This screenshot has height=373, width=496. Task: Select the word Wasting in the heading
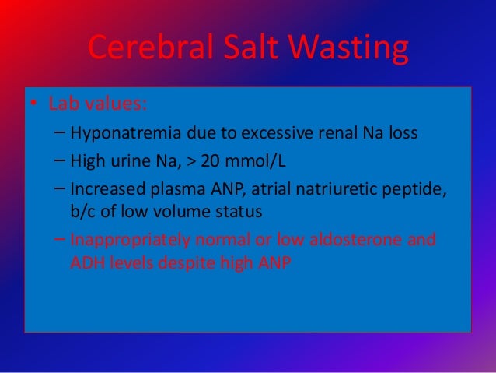[x=351, y=51]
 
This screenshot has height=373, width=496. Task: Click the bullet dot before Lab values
[x=34, y=104]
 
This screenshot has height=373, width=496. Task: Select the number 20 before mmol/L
[x=211, y=161]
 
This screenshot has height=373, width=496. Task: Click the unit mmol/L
[x=253, y=161]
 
